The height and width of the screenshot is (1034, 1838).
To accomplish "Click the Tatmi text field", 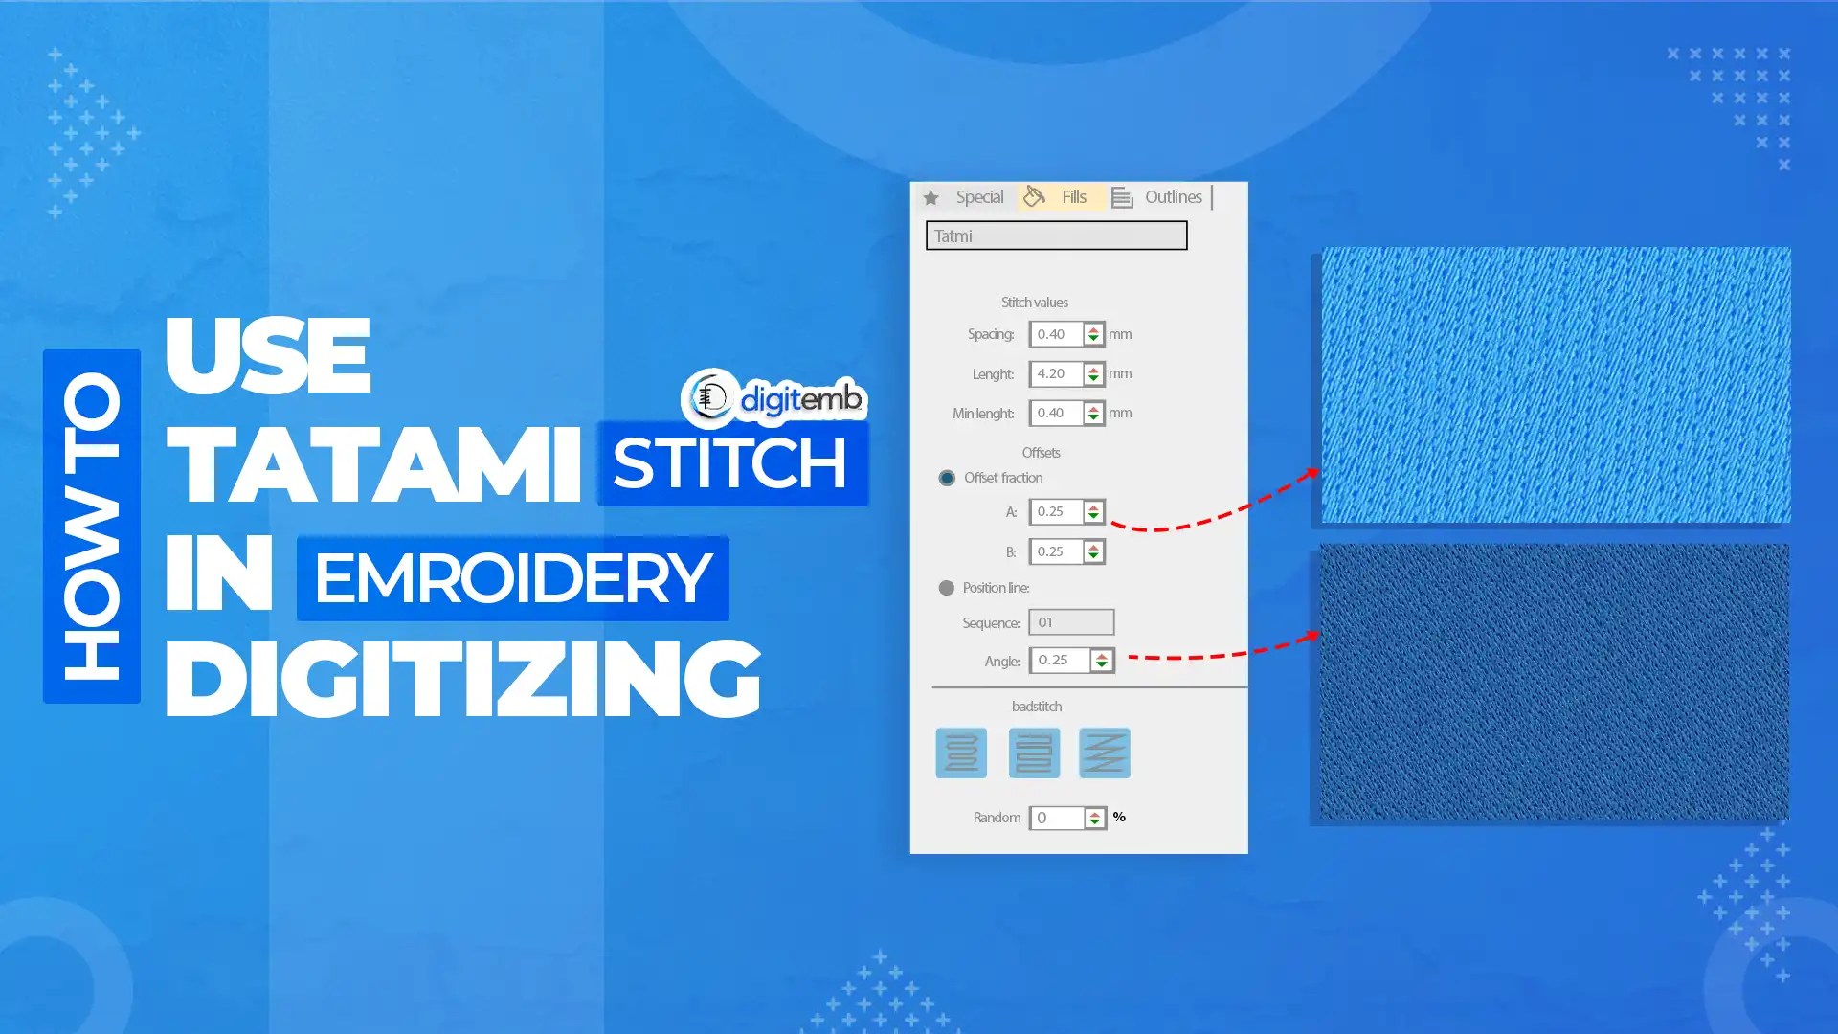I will [1056, 236].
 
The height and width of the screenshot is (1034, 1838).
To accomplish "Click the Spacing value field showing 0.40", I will [1056, 334].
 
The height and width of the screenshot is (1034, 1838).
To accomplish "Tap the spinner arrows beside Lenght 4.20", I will [1093, 374].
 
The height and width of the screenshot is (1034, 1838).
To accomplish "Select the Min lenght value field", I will [1056, 414].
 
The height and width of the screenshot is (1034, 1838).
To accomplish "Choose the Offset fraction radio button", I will [947, 478].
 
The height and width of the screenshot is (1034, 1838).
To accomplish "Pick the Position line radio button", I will [947, 588].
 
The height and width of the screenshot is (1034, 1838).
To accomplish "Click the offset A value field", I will [1056, 512].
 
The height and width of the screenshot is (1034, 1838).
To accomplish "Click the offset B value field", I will [1056, 551].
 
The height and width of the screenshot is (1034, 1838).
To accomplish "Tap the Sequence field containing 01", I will [1071, 622].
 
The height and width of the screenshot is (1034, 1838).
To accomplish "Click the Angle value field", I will [1060, 661].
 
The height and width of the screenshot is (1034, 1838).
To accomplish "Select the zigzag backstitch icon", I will [1104, 753].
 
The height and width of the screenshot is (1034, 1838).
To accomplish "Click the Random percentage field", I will [1057, 818].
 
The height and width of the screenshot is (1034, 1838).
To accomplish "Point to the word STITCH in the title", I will [731, 464].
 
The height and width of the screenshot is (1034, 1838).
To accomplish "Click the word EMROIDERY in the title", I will [513, 578].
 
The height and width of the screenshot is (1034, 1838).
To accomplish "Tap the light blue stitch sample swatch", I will [1556, 385].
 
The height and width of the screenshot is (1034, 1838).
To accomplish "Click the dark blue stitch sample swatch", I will [1554, 682].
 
